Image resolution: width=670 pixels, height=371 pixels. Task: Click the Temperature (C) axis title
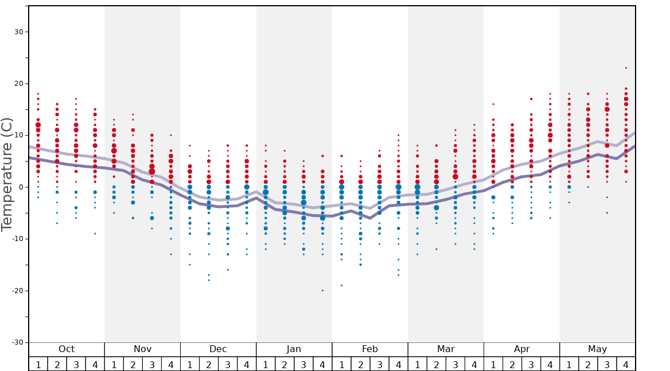(7, 174)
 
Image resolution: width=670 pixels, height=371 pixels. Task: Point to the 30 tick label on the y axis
(18, 31)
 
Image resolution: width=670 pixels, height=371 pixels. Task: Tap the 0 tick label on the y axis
(20, 187)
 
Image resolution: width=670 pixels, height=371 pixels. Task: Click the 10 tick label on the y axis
(18, 135)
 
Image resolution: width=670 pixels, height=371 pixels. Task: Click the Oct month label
(67, 349)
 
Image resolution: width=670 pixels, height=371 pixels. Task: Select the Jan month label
(294, 349)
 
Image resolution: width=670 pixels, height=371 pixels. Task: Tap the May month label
(597, 349)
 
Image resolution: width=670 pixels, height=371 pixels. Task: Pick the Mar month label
(446, 349)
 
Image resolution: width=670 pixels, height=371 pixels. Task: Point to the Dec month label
(218, 349)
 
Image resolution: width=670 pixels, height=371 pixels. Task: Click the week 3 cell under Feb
(379, 364)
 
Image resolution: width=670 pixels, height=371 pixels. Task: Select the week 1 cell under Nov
(114, 364)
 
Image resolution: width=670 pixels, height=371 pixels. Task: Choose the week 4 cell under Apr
(550, 364)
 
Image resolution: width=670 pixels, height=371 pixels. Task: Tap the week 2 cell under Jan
(285, 364)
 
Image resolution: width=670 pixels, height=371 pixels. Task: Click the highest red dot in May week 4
(626, 68)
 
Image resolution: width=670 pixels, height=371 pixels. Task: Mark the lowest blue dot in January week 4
(322, 290)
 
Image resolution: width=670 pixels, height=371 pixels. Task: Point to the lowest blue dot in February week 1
(341, 285)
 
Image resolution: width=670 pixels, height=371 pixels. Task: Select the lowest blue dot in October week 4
(95, 234)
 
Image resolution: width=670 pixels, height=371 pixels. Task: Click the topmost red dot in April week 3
(531, 99)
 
